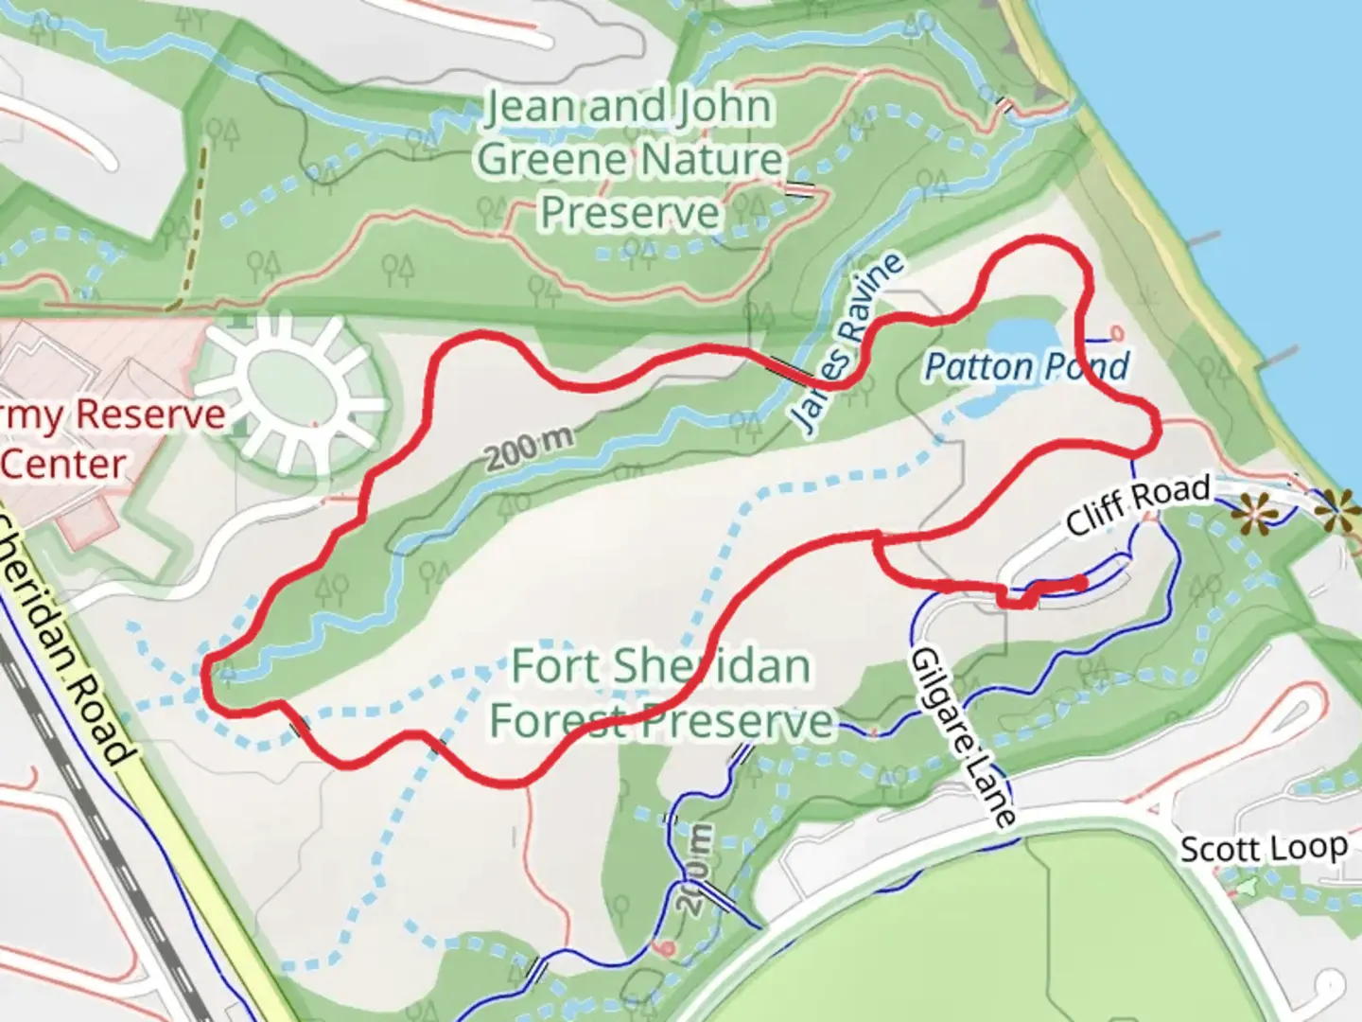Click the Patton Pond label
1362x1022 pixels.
click(1026, 366)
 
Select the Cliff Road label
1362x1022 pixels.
click(1138, 505)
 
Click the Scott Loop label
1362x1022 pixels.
click(1263, 848)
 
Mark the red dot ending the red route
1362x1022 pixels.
click(1081, 582)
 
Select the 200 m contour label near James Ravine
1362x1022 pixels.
click(530, 447)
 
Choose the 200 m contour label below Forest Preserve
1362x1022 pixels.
click(698, 868)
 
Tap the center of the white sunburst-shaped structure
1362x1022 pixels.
click(290, 388)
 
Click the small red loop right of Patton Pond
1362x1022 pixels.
click(1117, 333)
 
